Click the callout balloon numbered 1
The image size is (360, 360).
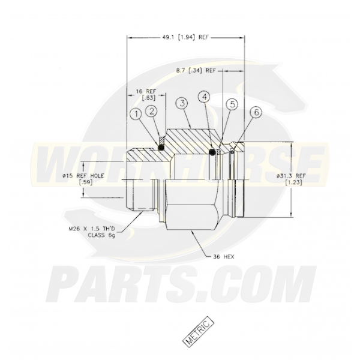[x=138, y=113]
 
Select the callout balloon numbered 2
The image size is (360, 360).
[x=152, y=110]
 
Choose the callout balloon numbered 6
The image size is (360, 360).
[x=256, y=112]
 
